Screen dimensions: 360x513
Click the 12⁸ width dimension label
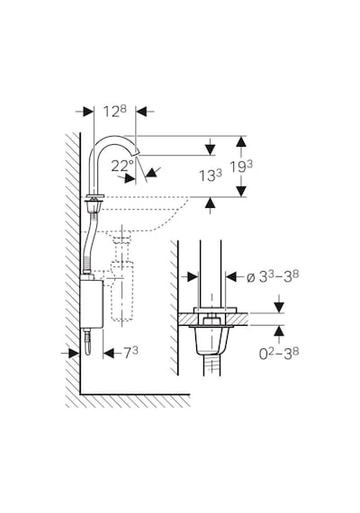(x=115, y=112)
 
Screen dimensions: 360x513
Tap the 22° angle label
(x=122, y=166)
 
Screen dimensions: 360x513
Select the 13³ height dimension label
(x=211, y=175)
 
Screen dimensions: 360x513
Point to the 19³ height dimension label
(x=241, y=166)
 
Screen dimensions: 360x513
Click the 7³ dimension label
(x=130, y=353)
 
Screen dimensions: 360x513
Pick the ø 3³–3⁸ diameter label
(x=273, y=277)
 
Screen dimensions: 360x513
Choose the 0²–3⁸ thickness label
(x=279, y=354)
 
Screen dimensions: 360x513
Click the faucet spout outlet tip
(x=136, y=153)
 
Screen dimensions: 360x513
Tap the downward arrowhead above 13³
(x=211, y=149)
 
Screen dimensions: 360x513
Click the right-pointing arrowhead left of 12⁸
(x=88, y=112)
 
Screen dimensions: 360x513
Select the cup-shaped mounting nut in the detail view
(x=210, y=340)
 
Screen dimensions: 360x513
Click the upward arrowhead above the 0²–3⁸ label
(x=279, y=331)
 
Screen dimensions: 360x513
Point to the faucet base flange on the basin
(x=94, y=195)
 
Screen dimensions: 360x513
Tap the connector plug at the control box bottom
(x=87, y=342)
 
